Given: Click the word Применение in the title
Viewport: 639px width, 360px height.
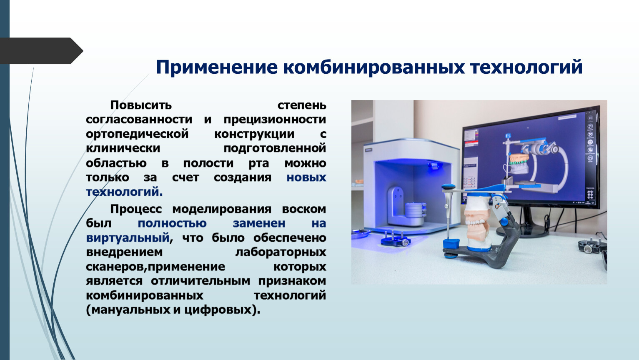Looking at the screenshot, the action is [x=217, y=68].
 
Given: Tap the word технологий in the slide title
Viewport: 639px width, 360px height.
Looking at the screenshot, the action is [x=526, y=67].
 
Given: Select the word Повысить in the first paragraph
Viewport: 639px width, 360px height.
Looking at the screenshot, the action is [x=141, y=105].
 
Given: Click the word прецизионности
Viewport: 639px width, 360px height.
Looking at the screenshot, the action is [x=275, y=120].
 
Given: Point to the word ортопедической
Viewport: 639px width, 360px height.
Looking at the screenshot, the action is [x=137, y=134].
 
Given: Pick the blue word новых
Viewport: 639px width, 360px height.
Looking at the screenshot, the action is [x=306, y=177].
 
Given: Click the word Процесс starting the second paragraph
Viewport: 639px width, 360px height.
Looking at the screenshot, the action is [x=136, y=210].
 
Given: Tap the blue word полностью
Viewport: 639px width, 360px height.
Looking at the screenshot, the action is [x=172, y=223].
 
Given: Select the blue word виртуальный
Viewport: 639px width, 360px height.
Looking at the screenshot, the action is [x=128, y=238].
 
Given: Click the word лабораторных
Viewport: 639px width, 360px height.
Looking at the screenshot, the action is [x=281, y=252].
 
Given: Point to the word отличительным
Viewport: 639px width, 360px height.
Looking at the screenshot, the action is [x=200, y=281].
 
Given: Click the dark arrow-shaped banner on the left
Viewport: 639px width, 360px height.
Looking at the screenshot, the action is [x=41, y=51].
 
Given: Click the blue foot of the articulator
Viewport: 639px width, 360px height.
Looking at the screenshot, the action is [x=451, y=245].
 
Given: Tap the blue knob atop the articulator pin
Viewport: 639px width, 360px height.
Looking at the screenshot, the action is [x=449, y=187].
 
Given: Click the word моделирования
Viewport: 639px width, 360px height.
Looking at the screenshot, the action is [x=222, y=210].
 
